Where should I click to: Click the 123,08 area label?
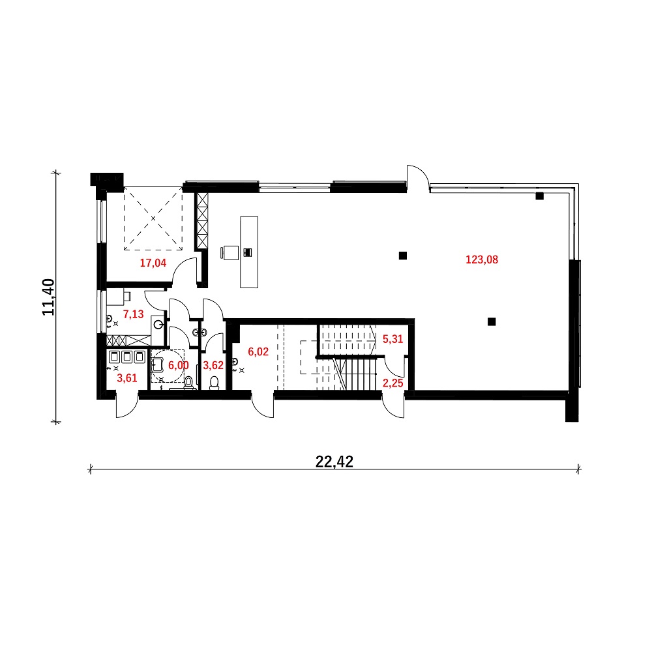tap(482, 259)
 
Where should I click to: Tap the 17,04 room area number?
tap(153, 263)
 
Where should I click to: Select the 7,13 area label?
tap(133, 314)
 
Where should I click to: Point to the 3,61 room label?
tap(127, 378)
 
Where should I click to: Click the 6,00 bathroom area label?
tap(179, 365)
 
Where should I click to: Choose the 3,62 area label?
tap(213, 365)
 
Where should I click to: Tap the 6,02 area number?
tap(258, 352)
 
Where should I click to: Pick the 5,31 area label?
tap(393, 339)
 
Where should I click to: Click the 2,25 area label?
tap(393, 383)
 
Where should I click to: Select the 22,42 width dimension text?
tap(334, 462)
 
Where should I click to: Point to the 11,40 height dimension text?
tap(49, 297)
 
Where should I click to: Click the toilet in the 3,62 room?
tap(214, 383)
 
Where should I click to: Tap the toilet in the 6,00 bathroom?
tap(189, 383)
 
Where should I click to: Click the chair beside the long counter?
tap(230, 253)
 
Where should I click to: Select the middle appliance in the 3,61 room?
tap(127, 357)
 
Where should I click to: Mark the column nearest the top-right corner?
tap(539, 196)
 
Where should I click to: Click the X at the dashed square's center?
tap(153, 218)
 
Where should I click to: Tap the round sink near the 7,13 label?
tap(158, 325)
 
